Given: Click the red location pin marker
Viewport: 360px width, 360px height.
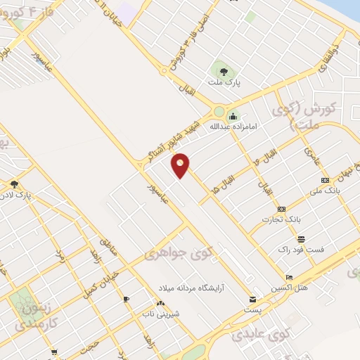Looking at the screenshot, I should pos(181,165).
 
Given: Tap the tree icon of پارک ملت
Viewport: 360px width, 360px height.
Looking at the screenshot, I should pos(224,70).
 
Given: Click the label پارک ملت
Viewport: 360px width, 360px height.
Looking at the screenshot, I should pos(224,83).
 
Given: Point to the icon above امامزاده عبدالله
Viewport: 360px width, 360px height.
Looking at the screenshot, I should pos(233,116).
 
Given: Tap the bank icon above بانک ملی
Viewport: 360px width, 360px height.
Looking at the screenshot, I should pos(315,180).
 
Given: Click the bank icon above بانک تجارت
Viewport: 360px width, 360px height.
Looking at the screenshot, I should pos(281,209).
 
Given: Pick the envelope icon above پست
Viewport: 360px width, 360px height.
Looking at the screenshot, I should pos(253,298).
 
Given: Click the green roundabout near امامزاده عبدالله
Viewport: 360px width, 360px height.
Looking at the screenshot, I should pos(219,112).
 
